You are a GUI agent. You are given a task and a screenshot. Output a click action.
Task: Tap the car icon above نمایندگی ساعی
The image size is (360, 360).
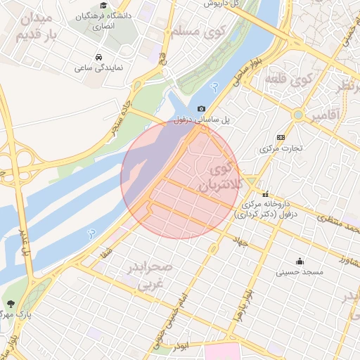tap(97, 57)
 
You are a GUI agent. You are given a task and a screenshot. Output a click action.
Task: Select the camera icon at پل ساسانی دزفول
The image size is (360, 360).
tap(202, 108)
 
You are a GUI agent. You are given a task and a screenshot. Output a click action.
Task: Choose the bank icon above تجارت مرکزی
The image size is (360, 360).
tap(281, 137)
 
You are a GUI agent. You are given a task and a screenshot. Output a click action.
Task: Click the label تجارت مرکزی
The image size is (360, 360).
tap(281, 148)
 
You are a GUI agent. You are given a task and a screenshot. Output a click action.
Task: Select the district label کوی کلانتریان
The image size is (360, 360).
tap(221, 176)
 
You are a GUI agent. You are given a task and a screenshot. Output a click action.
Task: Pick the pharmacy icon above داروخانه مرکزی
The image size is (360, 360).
tap(266, 193)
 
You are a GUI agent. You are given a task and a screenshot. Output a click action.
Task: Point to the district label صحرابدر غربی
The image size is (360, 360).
tap(149, 276)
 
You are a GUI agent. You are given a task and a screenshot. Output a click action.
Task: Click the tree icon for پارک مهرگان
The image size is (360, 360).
tap(11, 304)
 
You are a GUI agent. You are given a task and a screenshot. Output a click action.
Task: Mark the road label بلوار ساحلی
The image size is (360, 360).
tap(249, 72)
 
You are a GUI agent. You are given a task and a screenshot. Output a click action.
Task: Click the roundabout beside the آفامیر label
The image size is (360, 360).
tap(298, 114)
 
